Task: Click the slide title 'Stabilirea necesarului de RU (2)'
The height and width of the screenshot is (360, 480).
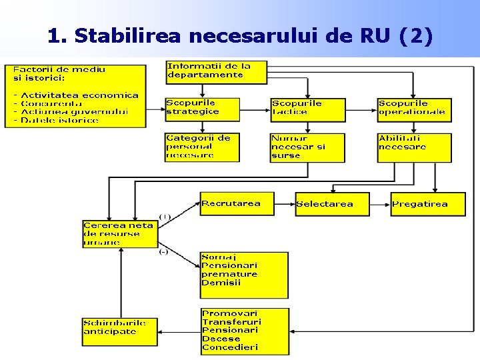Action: [x=240, y=36]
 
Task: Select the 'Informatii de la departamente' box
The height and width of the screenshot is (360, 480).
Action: [x=216, y=72]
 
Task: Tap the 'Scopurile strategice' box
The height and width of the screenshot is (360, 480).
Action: [x=202, y=110]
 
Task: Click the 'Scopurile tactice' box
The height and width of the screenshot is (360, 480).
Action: [x=308, y=110]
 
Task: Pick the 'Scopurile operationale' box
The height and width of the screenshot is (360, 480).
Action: [x=414, y=110]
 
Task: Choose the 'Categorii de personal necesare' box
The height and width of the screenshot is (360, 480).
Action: [x=202, y=147]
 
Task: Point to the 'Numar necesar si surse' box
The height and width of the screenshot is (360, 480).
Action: [x=308, y=147]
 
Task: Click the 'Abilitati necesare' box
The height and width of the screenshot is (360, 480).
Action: [x=414, y=147]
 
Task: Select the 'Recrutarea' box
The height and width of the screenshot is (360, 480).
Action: [x=237, y=204]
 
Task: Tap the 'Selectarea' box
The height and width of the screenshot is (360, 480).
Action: [x=332, y=204]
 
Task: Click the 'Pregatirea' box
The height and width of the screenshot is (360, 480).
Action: [x=428, y=204]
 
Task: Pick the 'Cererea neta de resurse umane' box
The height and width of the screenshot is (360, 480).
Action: [x=119, y=234]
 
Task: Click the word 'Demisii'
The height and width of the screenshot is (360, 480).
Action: [x=221, y=283]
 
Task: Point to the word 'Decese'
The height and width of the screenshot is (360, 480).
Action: [x=219, y=339]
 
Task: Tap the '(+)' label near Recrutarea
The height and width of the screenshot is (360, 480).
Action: [x=165, y=216]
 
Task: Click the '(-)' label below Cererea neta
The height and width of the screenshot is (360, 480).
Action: [x=163, y=251]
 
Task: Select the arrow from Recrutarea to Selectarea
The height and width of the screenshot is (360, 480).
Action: [x=285, y=204]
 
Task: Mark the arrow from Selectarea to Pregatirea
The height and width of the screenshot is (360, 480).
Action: [x=380, y=204]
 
